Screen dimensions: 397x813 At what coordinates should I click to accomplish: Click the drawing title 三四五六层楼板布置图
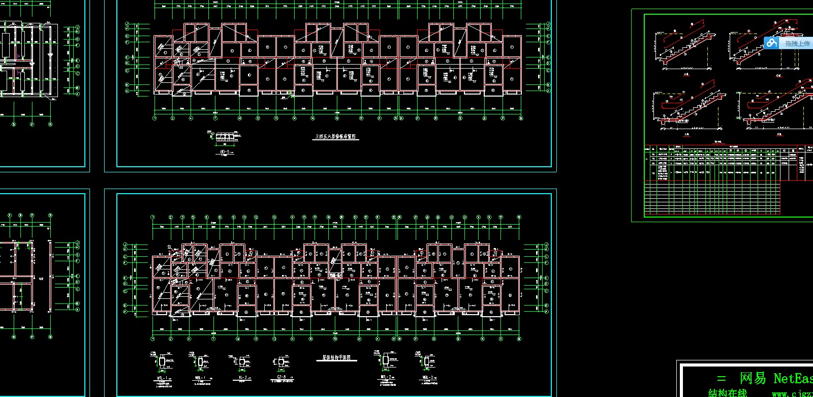[x=336, y=137]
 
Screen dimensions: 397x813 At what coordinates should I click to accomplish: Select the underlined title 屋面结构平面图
[x=336, y=358]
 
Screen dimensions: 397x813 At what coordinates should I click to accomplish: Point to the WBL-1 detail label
[x=200, y=378]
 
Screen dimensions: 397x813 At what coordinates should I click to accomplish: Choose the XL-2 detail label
[x=242, y=378]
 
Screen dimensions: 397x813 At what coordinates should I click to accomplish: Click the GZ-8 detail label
[x=281, y=378]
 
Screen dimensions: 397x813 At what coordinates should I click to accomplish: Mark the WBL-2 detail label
[x=428, y=377]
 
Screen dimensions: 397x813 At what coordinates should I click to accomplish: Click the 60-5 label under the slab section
[x=225, y=152]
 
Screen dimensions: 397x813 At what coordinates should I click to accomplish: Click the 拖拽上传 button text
[x=797, y=44]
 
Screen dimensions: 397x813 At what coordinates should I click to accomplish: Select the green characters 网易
[x=753, y=379]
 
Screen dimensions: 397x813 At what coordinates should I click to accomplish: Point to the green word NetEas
[x=793, y=379]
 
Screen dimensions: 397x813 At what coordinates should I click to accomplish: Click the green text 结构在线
[x=728, y=393]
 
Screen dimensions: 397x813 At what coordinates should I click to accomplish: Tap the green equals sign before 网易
[x=722, y=379]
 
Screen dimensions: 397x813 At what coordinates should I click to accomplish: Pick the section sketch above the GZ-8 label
[x=281, y=362]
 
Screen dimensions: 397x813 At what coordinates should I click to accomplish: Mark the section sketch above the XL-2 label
[x=242, y=361]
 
